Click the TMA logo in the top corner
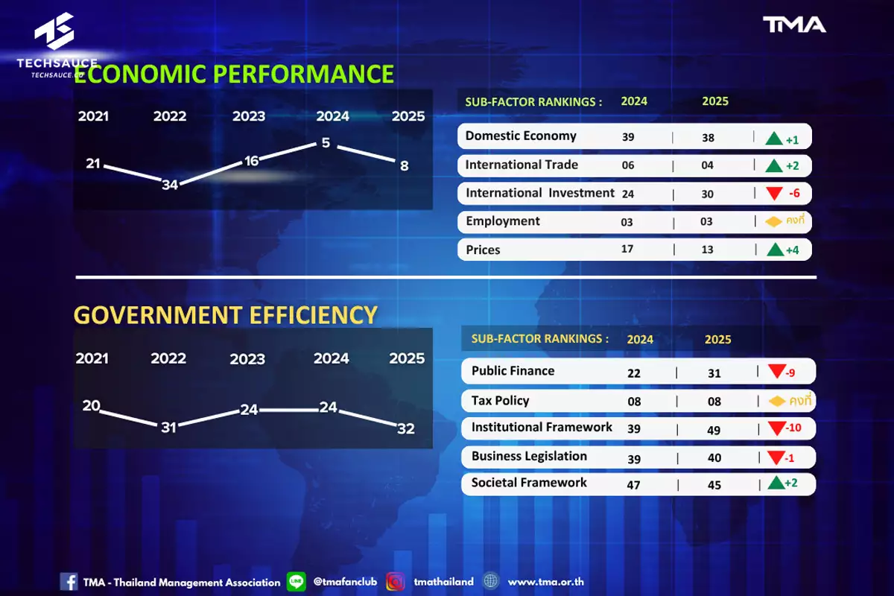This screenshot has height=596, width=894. (794, 25)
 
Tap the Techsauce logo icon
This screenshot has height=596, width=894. (54, 31)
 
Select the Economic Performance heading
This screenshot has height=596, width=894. (234, 74)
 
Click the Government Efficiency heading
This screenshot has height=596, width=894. (226, 314)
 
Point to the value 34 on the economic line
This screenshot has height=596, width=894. (170, 185)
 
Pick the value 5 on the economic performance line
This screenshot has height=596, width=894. (326, 142)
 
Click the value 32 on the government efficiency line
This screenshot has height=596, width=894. (406, 428)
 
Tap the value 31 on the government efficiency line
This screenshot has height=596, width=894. (168, 428)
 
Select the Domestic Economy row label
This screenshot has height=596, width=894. (521, 136)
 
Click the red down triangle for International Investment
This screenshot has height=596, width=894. (774, 194)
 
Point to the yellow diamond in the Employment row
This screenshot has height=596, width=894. (773, 221)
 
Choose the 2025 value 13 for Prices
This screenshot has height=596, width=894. (707, 250)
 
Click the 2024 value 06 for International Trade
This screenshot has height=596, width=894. (628, 165)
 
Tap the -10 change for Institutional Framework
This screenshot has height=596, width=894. (793, 428)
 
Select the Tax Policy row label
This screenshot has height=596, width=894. (500, 400)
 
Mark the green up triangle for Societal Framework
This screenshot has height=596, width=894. (776, 483)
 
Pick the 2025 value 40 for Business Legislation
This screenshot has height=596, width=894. (714, 457)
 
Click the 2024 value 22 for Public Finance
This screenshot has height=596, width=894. (634, 373)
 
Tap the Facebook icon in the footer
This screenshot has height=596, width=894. (69, 582)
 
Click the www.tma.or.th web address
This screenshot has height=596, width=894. (545, 582)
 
